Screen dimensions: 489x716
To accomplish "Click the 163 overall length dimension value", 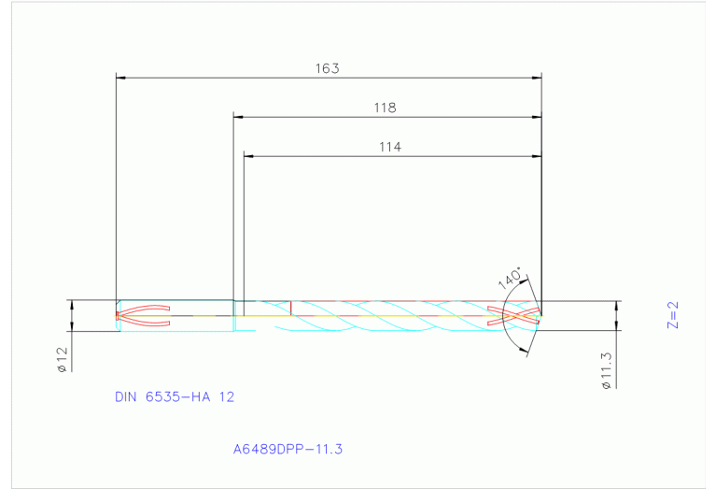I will point(327,68).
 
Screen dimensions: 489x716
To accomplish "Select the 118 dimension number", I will point(385,108).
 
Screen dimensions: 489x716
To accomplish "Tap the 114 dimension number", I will point(389,147).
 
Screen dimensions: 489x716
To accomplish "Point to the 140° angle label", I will point(509,279).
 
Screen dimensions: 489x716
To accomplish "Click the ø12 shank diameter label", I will point(63,359).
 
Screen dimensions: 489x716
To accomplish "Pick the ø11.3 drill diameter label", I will point(606,369).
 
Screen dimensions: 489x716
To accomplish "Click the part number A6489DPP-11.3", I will point(288,449).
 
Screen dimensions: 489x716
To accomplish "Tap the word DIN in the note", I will point(126,396).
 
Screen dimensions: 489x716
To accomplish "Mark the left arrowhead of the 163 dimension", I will point(119,78).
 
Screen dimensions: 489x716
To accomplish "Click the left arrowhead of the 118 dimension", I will point(238,117).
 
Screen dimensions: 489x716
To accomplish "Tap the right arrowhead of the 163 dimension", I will point(537,78).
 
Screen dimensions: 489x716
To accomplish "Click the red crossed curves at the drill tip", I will point(521,316).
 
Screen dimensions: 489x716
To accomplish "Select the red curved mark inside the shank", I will point(145,316).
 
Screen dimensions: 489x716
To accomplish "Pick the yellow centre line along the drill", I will point(373,316).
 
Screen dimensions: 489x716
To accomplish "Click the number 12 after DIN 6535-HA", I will point(226,396).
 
